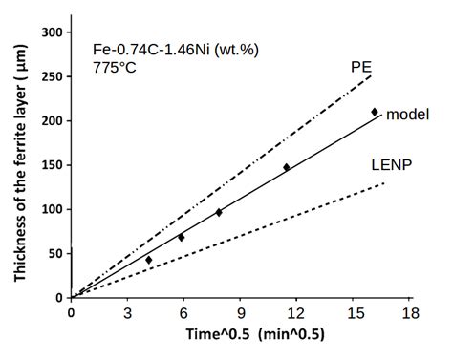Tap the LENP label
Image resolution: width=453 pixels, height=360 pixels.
coord(391,164)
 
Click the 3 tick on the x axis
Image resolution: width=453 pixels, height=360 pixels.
coord(128,313)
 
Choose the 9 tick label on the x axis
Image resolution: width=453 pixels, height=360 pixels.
coord(241,313)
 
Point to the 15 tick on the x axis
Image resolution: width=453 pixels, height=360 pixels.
coord(354,313)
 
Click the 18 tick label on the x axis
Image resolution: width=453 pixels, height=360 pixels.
coord(410,313)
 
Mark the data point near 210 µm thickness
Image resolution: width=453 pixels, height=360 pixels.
coord(375,112)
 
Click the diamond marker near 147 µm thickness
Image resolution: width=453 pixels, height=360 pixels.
coord(287,167)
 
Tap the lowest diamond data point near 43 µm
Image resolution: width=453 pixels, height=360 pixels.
coord(149,260)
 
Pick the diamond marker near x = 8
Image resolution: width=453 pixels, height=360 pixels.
coord(219,212)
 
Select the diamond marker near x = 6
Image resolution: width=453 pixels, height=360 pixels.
coord(182,237)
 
